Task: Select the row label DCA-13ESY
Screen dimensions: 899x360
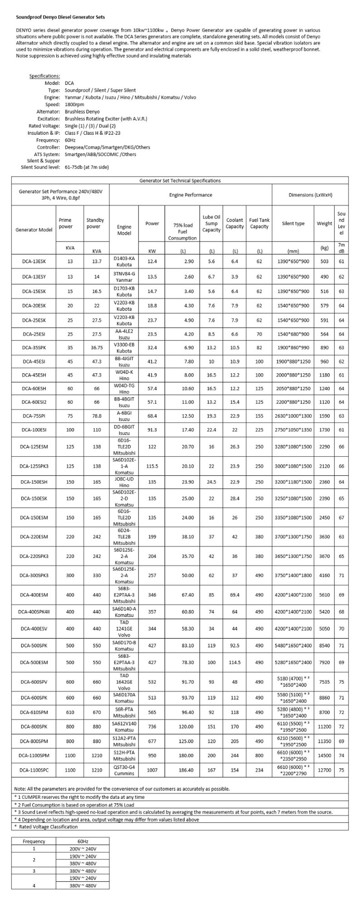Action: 34,276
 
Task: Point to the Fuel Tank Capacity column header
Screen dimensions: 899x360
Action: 259,223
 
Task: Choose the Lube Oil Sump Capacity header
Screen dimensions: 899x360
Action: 211,223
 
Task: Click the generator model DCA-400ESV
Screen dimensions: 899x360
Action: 34,628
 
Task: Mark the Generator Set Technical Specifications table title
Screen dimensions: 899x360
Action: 180,180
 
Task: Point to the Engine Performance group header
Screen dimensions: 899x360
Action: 190,195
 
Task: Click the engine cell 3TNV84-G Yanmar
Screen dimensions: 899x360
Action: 124,276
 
